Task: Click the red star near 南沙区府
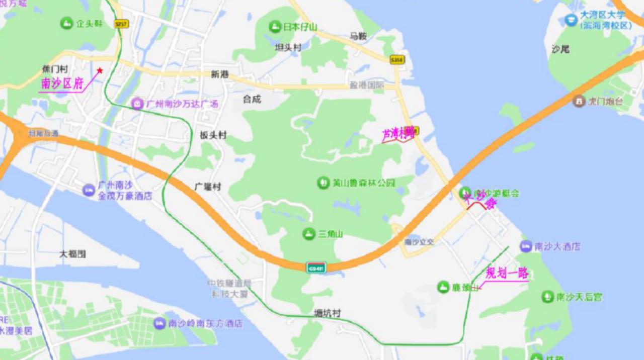[x=100, y=70]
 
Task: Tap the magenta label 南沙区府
[x=62, y=84]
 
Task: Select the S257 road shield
[x=121, y=24]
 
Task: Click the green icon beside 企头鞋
[x=66, y=23]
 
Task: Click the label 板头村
[x=213, y=135]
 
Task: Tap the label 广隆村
[x=208, y=187]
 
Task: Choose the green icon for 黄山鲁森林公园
[x=324, y=183]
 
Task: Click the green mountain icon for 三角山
[x=309, y=234]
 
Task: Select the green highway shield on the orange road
[x=316, y=267]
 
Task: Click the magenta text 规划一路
[x=507, y=274]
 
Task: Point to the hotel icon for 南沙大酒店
[x=526, y=246]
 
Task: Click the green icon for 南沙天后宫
[x=547, y=297]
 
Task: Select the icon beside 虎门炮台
[x=579, y=101]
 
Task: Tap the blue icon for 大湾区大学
[x=571, y=20]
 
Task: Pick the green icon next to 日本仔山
[x=275, y=27]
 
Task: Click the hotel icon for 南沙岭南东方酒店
[x=159, y=323]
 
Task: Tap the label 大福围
[x=72, y=254]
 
